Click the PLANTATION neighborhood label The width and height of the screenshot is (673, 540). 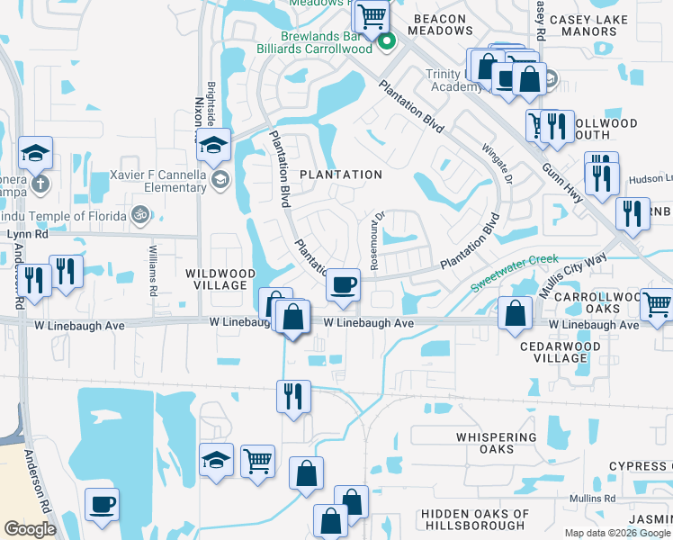point(340,174)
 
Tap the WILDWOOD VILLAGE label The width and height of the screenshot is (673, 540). point(216,278)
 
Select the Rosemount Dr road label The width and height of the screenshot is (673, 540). point(379,241)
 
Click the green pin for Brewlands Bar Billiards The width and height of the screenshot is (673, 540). point(387,40)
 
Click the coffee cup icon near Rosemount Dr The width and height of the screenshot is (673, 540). point(342,285)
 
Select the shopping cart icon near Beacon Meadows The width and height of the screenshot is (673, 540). point(371,15)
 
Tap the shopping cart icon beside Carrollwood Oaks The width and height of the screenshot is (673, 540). point(657,305)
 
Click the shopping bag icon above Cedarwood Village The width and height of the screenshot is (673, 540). point(516,313)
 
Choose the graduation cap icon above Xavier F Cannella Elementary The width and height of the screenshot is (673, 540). point(214,144)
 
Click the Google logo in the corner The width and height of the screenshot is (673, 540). point(30,528)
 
